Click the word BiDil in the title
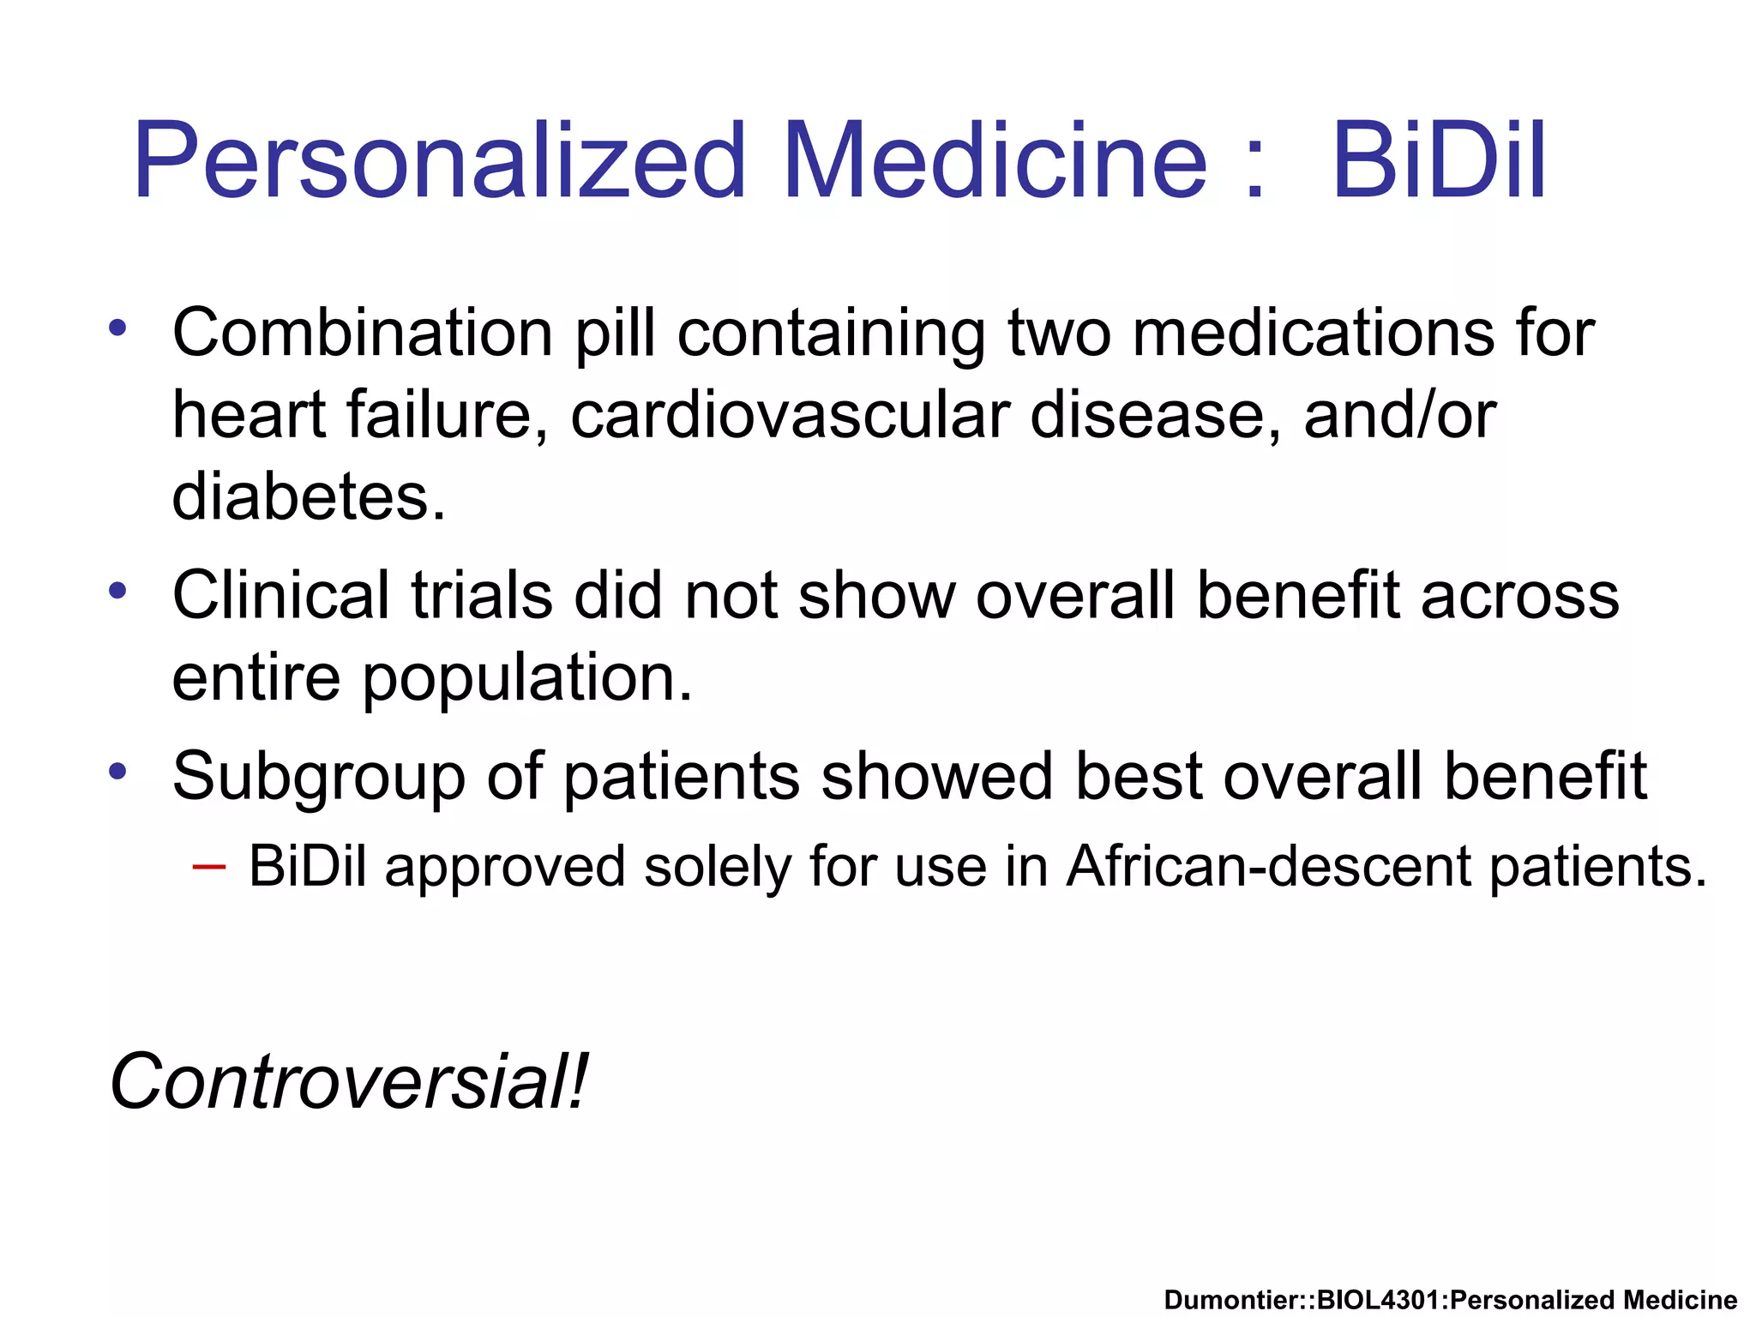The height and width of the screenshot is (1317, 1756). [x=1439, y=161]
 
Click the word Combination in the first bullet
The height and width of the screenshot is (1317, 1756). [x=362, y=333]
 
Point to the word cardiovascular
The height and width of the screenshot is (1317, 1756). [x=790, y=415]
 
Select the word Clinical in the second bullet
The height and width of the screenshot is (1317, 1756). [x=280, y=595]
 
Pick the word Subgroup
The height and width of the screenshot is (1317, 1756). [x=318, y=777]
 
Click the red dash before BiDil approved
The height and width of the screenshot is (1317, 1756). [x=209, y=867]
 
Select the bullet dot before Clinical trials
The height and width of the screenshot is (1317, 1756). [x=117, y=590]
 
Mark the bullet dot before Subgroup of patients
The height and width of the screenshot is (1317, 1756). [x=117, y=770]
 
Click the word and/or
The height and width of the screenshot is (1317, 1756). [x=1399, y=415]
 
